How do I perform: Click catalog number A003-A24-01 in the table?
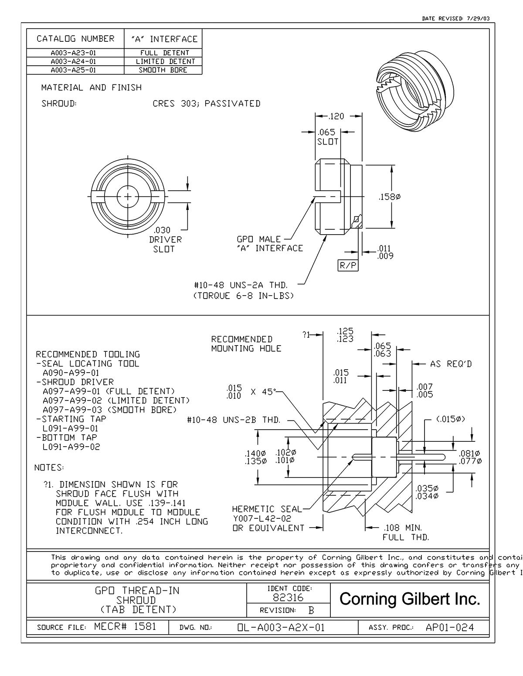(73, 61)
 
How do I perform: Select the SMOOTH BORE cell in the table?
(163, 70)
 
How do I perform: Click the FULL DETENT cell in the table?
(163, 53)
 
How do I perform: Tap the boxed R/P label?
(348, 265)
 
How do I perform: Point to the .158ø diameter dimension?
(389, 197)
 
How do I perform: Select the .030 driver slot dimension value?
(162, 230)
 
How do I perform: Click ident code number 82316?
(288, 597)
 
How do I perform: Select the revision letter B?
(311, 611)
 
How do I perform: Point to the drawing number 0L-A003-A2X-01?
(281, 628)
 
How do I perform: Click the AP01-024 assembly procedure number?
(449, 628)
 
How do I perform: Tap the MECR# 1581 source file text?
(125, 627)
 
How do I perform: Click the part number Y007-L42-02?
(261, 518)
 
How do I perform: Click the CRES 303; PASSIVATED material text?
(207, 104)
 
